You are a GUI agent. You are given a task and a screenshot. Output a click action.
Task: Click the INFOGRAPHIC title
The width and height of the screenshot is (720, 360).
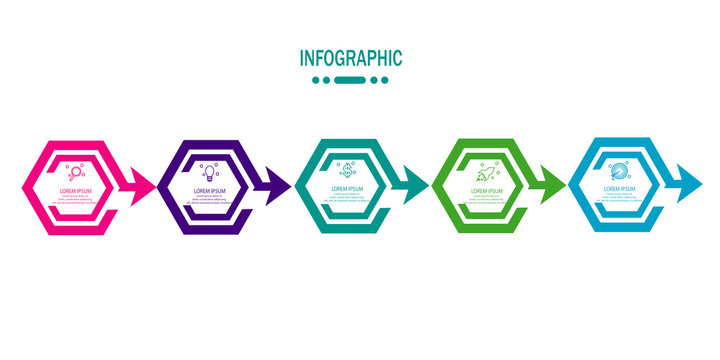pyautogui.click(x=351, y=58)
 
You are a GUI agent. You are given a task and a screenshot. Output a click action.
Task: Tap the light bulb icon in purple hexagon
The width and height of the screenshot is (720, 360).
pyautogui.click(x=210, y=172)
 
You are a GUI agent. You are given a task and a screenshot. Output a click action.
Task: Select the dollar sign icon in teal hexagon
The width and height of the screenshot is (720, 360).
pyautogui.click(x=345, y=170)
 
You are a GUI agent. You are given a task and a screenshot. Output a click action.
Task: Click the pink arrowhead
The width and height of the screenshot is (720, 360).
pyautogui.click(x=142, y=186)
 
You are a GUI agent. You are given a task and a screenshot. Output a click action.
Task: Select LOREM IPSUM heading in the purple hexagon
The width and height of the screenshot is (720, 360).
pyautogui.click(x=211, y=189)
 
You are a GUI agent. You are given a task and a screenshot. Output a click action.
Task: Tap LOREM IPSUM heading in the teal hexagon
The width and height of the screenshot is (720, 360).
pyautogui.click(x=346, y=187)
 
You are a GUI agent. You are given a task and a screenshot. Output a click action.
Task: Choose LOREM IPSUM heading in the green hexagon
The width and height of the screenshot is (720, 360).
pyautogui.click(x=484, y=189)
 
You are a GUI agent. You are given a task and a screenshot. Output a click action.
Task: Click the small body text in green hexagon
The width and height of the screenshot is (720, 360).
pyautogui.click(x=484, y=199)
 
